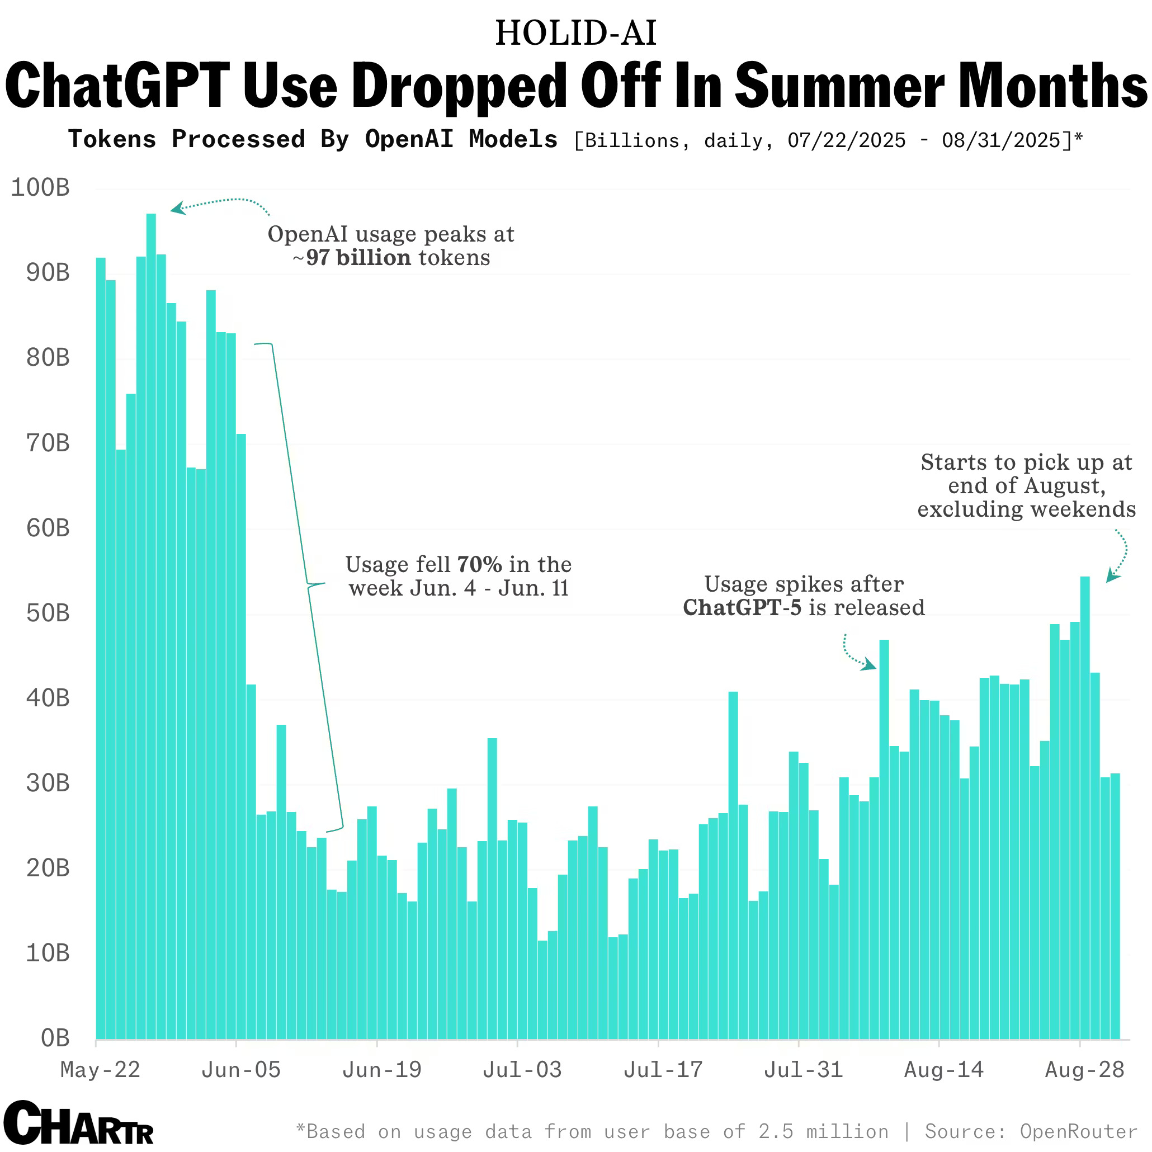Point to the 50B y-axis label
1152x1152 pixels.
48,613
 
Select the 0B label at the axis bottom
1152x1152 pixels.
55,1038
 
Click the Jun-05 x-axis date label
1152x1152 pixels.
241,1070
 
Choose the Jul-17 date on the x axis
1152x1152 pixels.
663,1070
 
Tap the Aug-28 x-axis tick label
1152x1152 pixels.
1085,1070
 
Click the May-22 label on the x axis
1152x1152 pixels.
100,1070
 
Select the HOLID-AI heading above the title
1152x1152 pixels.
575,34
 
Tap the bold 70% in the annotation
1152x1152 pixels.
479,565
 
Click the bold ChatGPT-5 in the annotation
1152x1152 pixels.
742,608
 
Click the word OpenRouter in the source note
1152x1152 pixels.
1078,1132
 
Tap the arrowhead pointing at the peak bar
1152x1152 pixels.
177,208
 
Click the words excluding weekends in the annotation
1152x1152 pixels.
1026,510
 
